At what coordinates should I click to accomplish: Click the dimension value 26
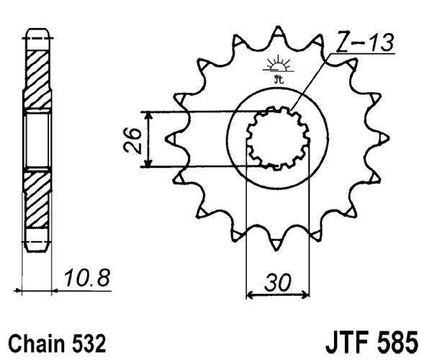131,140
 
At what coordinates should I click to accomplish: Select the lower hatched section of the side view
37,198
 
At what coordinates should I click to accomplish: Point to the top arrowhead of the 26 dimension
147,117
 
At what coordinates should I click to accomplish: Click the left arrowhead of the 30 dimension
251,294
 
